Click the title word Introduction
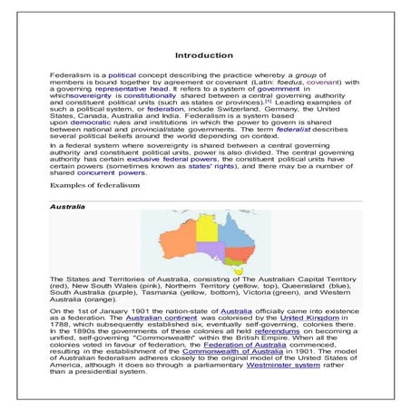click(x=205, y=56)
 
